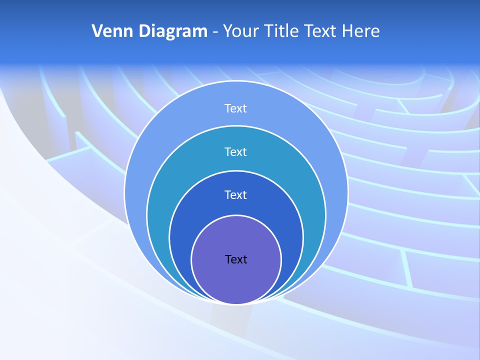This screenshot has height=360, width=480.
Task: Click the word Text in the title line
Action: coord(321,31)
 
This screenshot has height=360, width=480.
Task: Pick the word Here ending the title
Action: coord(361,31)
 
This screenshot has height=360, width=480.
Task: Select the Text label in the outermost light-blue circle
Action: coord(236,108)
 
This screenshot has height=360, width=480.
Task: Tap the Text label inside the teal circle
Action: coord(236,151)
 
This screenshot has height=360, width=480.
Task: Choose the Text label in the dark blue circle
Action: coord(236,195)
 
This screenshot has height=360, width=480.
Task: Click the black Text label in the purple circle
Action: coord(236,259)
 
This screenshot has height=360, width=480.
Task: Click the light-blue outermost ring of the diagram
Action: coord(150,150)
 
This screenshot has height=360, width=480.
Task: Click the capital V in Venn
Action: coord(97,31)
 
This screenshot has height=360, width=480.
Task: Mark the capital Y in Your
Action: coord(228,31)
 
